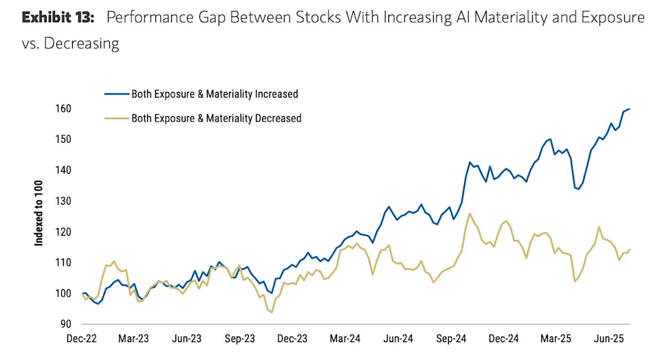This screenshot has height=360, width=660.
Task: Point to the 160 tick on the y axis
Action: tap(64, 109)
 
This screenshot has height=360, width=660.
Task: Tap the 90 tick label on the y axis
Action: tap(66, 324)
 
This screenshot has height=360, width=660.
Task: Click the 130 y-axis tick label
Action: tap(64, 201)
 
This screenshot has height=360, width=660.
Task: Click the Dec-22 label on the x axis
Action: tap(82, 339)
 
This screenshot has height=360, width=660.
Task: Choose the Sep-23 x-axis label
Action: tap(239, 339)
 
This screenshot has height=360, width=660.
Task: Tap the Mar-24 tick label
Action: tap(345, 339)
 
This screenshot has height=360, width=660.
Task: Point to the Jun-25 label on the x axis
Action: tap(608, 339)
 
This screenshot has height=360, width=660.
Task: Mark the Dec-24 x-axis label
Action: tap(503, 339)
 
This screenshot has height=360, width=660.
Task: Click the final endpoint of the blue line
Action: tap(630, 109)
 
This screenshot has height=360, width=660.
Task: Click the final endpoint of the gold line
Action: tap(630, 249)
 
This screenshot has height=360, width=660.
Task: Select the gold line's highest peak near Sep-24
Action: tap(470, 214)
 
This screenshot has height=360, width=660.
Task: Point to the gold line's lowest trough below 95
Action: tap(272, 313)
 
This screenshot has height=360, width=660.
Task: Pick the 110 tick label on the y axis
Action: tap(64, 262)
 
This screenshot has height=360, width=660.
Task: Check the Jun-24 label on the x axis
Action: tap(398, 339)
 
